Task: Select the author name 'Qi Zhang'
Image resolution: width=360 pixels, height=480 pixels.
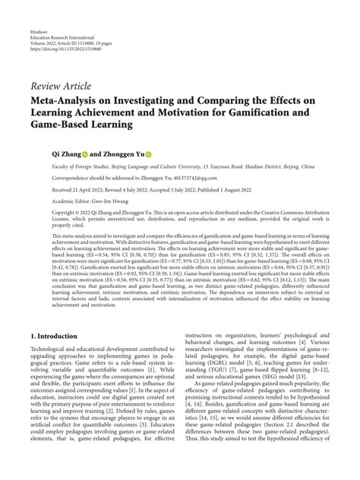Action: pos(67,151)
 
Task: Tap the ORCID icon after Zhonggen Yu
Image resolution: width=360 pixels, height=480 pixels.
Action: pos(149,151)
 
